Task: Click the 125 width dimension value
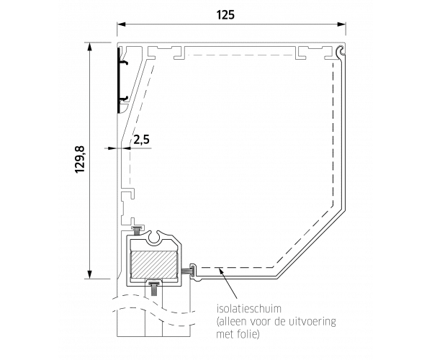(x=225, y=14)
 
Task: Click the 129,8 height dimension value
(x=80, y=160)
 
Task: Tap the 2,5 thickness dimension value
(x=142, y=140)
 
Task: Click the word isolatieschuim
(x=249, y=308)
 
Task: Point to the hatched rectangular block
(x=154, y=264)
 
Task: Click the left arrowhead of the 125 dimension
(x=121, y=24)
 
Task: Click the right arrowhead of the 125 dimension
(x=341, y=24)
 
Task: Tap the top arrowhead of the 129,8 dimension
(x=89, y=47)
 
